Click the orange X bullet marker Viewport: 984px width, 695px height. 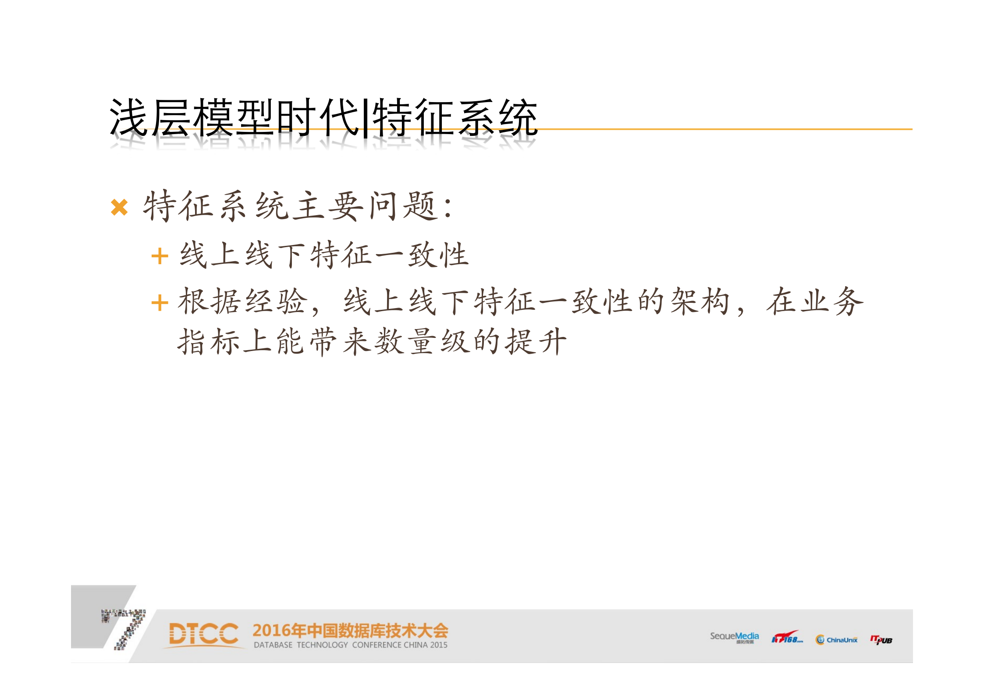coord(119,207)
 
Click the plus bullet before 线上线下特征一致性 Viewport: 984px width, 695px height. coord(160,256)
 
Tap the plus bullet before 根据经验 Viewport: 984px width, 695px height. coord(160,303)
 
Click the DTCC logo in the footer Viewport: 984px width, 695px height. coord(204,634)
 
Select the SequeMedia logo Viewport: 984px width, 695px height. coord(734,637)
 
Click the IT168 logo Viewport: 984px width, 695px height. coord(787,638)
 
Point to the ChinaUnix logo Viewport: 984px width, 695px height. coord(836,640)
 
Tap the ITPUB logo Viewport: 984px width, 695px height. coord(881,640)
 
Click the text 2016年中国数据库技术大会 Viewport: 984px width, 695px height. coord(350,631)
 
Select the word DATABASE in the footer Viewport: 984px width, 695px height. coord(273,645)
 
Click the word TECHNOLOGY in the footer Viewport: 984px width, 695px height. coord(322,645)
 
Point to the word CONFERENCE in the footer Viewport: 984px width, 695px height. coord(377,645)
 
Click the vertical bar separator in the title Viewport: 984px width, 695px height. coord(366,117)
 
